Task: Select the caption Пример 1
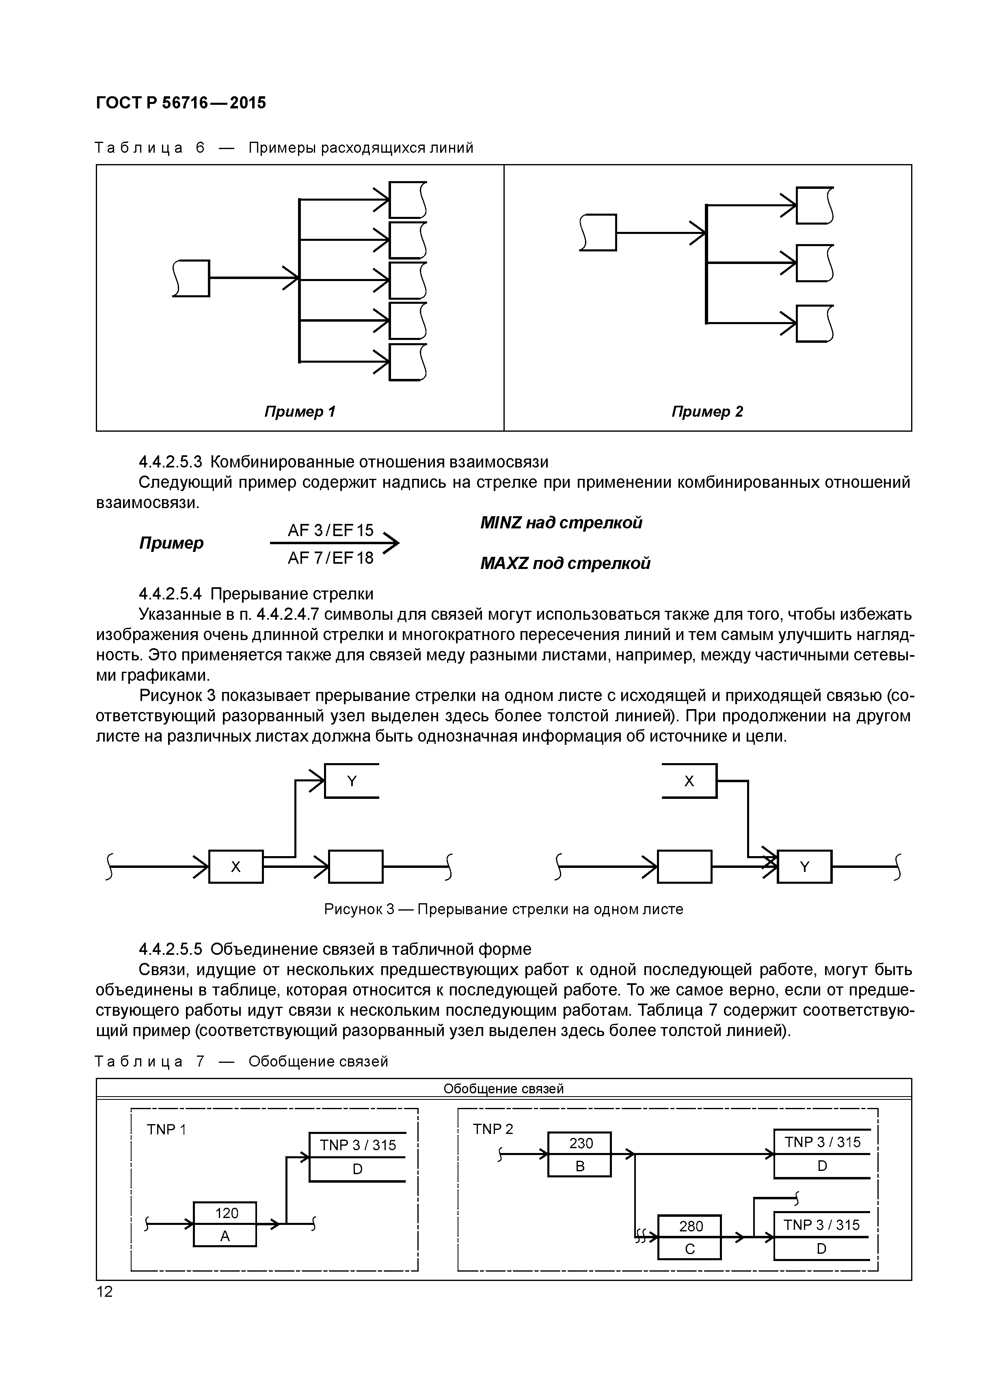click(x=300, y=411)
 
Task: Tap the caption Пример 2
click(x=707, y=411)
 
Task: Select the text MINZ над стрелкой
click(x=561, y=522)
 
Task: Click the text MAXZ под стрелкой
click(x=565, y=563)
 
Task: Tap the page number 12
click(x=104, y=1291)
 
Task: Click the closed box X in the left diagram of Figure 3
click(x=235, y=867)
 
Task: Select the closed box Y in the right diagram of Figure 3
click(x=804, y=867)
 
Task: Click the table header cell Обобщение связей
click(x=503, y=1089)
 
